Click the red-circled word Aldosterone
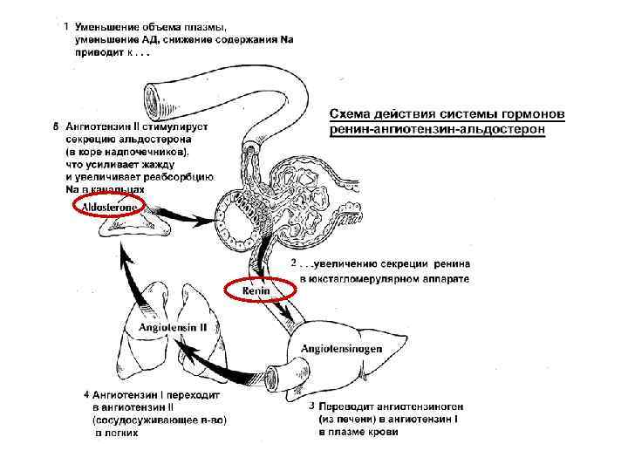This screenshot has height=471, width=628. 112,206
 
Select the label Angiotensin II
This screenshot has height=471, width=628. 172,327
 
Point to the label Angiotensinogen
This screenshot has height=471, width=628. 341,348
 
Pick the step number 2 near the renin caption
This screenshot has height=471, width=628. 293,263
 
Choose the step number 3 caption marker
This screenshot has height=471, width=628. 313,406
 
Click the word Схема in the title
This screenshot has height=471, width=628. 353,114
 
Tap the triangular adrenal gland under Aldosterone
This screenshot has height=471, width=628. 131,226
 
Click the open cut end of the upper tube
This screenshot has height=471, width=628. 153,94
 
